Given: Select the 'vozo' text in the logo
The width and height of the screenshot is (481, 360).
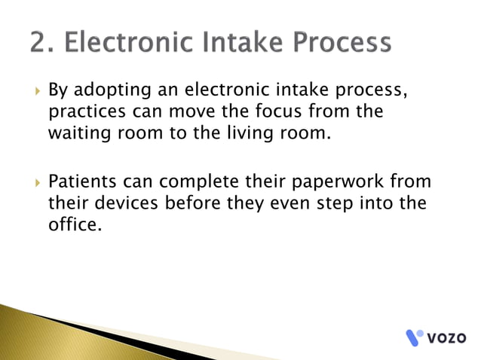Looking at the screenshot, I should (x=449, y=337).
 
